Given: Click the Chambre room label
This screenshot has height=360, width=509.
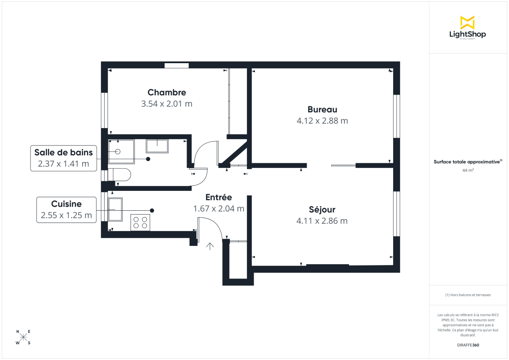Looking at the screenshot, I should [167, 92].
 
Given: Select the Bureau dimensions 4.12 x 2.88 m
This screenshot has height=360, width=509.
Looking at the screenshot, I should [322, 121].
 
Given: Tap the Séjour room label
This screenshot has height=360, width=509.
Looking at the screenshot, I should [322, 210].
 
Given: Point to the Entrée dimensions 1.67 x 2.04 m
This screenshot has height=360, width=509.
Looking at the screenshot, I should [218, 209].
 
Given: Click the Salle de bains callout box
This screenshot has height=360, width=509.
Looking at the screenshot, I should [64, 158].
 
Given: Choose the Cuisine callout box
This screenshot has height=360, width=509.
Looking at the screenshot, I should [66, 209].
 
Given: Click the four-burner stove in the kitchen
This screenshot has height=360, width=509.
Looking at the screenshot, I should [140, 223].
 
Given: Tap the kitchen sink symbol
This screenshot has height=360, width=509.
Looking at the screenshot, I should [115, 209].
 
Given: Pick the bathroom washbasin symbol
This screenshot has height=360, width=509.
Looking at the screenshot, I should [157, 145].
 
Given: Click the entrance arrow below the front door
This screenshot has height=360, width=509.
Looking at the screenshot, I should [210, 246].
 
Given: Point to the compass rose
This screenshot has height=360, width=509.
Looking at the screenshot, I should [23, 337].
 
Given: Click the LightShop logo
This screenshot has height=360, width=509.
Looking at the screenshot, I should [467, 28].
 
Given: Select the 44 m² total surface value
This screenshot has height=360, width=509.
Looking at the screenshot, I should [468, 170].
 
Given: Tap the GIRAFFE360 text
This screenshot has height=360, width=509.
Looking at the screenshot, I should [468, 345].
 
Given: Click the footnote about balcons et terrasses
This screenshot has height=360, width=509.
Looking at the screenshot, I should [468, 295].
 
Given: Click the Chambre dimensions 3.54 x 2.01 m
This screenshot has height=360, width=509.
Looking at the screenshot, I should [167, 104].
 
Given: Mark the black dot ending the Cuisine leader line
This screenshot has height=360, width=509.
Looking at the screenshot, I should [152, 210].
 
